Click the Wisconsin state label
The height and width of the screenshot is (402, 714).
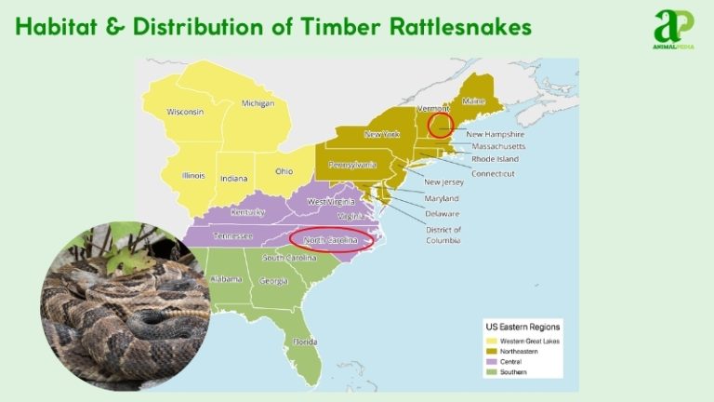[x=185, y=112]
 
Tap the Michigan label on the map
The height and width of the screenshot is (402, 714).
[x=258, y=103]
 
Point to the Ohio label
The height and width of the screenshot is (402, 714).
[x=284, y=170]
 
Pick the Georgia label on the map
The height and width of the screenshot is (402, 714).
[x=272, y=280]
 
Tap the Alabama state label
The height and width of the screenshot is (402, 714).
[x=226, y=278]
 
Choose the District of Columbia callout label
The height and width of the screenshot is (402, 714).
[x=443, y=234]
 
